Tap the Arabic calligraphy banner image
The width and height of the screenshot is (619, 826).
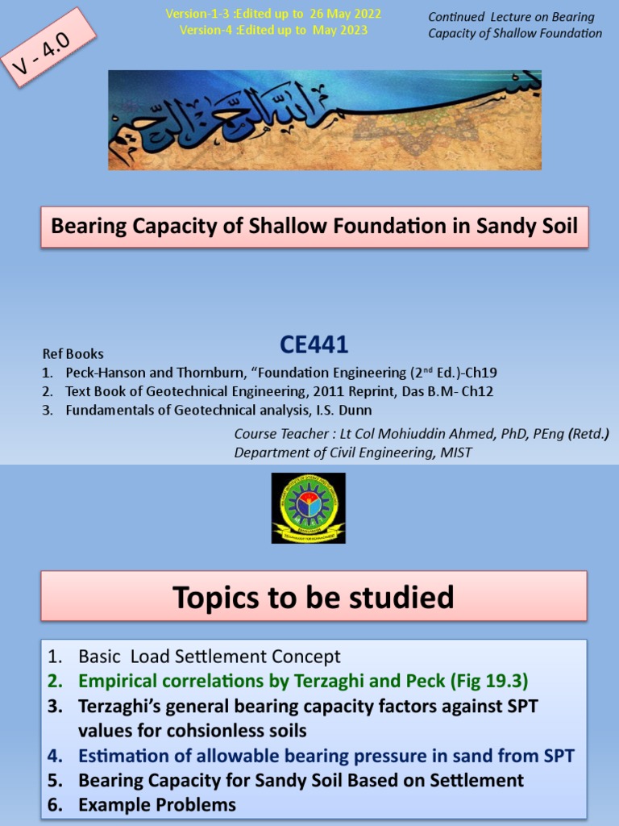coord(325,120)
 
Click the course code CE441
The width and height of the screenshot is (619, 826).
coord(314,345)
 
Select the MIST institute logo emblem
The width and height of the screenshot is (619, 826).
coord(308,508)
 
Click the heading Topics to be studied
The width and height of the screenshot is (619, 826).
coord(314,598)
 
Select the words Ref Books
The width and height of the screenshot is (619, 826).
coord(73,354)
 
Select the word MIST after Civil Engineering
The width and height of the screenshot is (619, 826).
coord(456,453)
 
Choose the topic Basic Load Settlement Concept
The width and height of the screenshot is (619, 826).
coord(210,657)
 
